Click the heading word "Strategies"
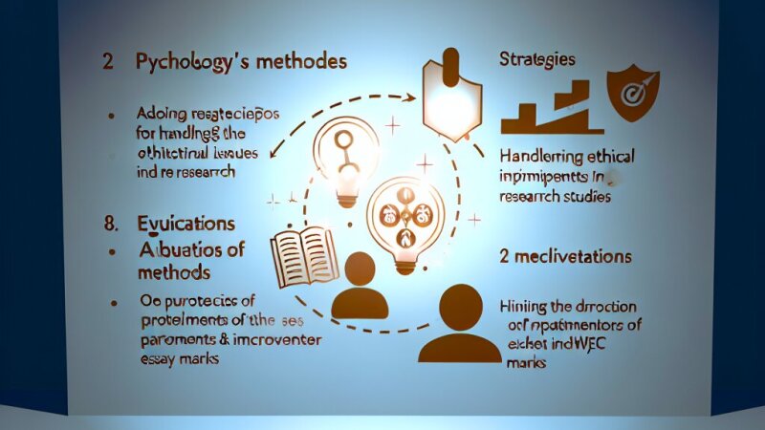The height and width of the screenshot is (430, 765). [x=538, y=59]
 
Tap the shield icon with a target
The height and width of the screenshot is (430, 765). [x=633, y=92]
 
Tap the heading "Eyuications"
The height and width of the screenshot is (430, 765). [x=186, y=224]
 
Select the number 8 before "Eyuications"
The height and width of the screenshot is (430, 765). [x=109, y=224]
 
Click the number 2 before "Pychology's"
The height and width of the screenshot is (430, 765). [x=108, y=63]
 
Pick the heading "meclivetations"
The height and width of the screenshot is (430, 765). [x=575, y=257]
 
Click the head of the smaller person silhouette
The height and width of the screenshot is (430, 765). [x=361, y=269]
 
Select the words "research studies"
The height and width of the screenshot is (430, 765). [x=555, y=197]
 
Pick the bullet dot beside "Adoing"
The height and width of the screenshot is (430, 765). [x=112, y=115]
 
